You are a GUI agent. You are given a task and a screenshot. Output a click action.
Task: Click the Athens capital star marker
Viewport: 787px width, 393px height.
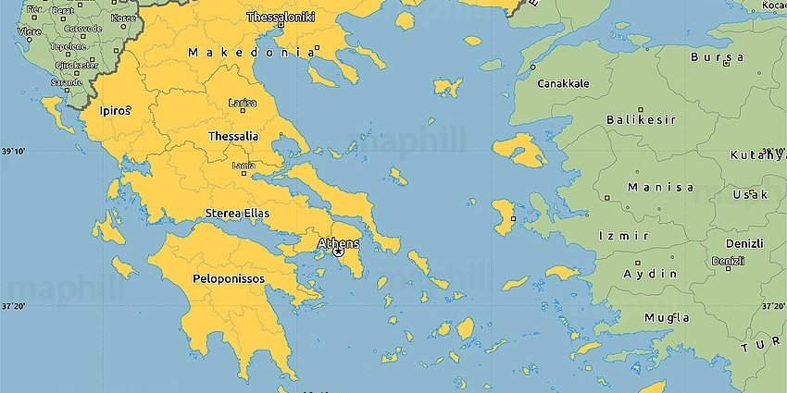(338, 252)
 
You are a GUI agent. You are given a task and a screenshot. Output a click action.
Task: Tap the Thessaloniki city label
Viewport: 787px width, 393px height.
(281, 17)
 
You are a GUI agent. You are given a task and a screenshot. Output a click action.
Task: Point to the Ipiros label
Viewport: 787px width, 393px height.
(115, 110)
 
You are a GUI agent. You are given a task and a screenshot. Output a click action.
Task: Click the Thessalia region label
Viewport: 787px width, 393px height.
(233, 136)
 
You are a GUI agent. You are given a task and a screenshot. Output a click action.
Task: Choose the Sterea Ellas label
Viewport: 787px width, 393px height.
(237, 213)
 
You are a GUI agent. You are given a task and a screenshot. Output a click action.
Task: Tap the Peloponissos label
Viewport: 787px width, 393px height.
(228, 277)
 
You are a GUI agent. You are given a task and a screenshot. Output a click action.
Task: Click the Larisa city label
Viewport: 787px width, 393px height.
(243, 104)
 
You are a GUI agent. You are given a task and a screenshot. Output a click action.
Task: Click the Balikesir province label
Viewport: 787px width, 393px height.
(641, 120)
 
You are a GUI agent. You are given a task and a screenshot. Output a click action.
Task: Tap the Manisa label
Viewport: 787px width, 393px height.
(660, 187)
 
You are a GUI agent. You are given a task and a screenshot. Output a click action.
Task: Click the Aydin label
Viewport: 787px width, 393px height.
(650, 274)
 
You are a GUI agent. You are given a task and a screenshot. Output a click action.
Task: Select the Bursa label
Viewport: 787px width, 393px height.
(717, 57)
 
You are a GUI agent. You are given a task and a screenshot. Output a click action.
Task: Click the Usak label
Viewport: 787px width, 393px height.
(749, 194)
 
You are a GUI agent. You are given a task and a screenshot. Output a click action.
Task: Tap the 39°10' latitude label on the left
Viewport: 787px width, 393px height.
(13, 151)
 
